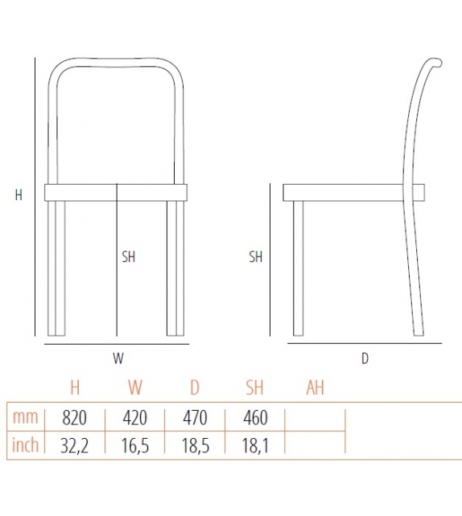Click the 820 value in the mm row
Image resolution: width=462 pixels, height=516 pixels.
click(74, 418)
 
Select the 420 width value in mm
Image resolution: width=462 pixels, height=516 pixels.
click(134, 418)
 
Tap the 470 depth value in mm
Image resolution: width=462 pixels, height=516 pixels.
click(194, 418)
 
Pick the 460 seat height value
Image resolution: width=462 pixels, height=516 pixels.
click(254, 418)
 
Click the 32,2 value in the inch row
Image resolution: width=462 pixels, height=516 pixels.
click(74, 445)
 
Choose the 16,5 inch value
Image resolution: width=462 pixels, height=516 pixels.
click(134, 445)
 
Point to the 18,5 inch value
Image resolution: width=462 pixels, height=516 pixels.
click(194, 445)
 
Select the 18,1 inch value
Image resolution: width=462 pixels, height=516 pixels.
click(254, 445)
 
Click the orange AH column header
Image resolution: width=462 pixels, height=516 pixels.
click(315, 388)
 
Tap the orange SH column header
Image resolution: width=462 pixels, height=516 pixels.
click(254, 388)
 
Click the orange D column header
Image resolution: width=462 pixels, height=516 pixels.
click(194, 388)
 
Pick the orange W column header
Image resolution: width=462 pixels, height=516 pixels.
click(134, 388)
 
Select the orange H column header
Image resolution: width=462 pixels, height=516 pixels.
click(75, 388)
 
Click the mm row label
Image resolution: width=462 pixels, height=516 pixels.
click(25, 418)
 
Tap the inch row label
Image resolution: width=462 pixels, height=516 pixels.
click(25, 445)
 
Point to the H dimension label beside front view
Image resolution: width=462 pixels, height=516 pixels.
click(19, 195)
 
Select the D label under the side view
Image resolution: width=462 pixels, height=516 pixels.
click(365, 358)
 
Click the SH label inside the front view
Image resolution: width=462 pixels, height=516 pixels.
click(129, 257)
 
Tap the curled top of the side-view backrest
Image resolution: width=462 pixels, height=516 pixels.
click(435, 61)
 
